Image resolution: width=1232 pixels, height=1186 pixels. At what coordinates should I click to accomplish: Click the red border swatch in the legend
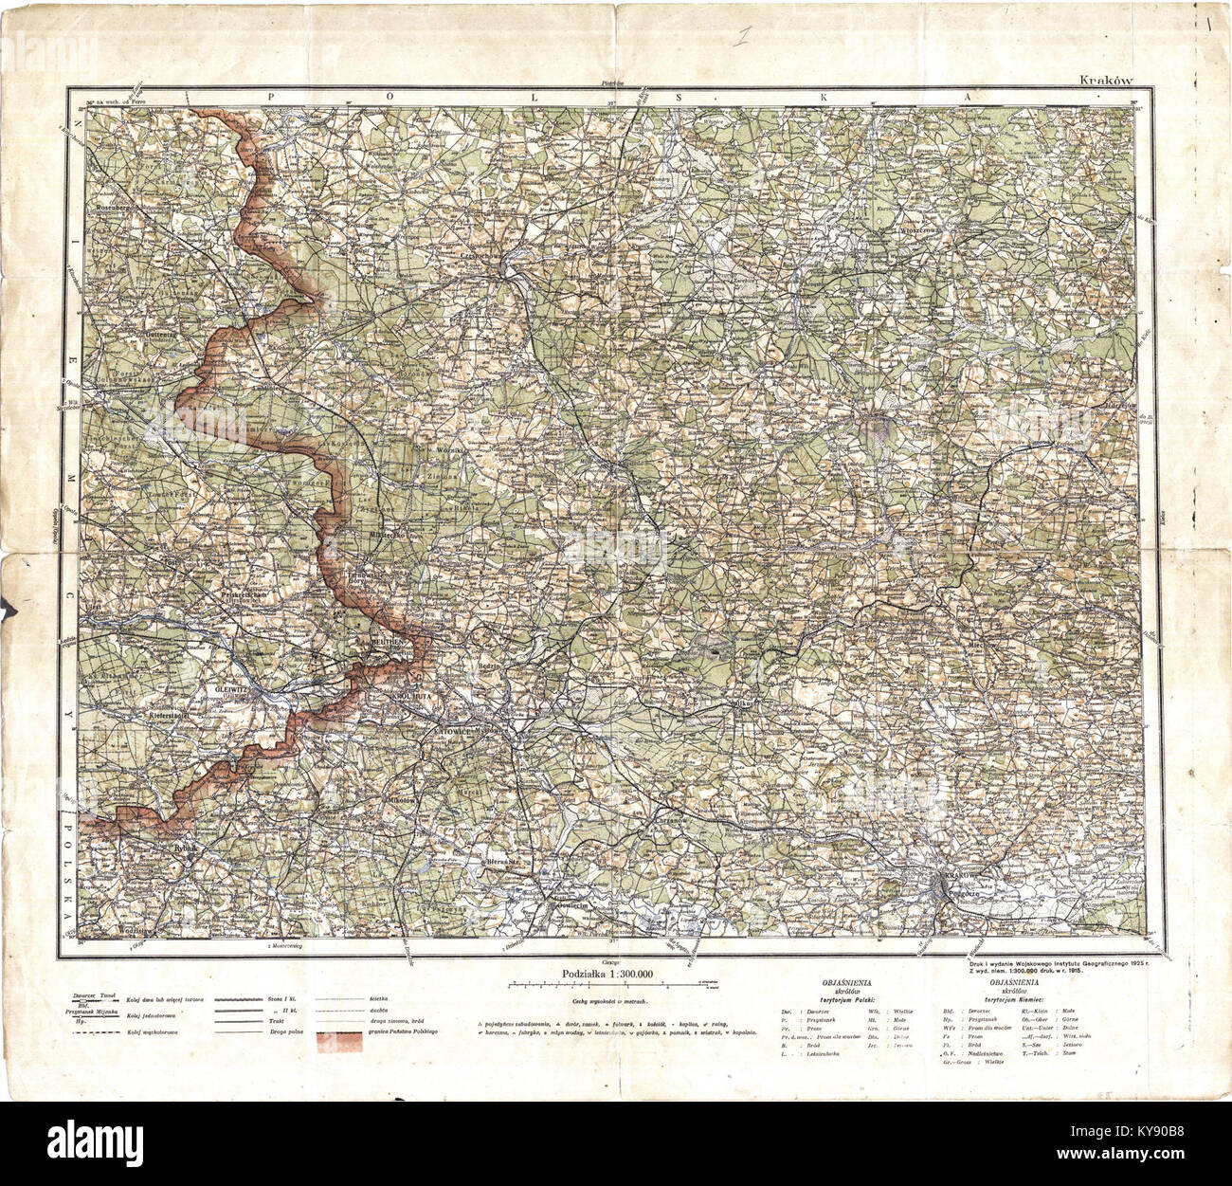pyautogui.click(x=340, y=1041)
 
